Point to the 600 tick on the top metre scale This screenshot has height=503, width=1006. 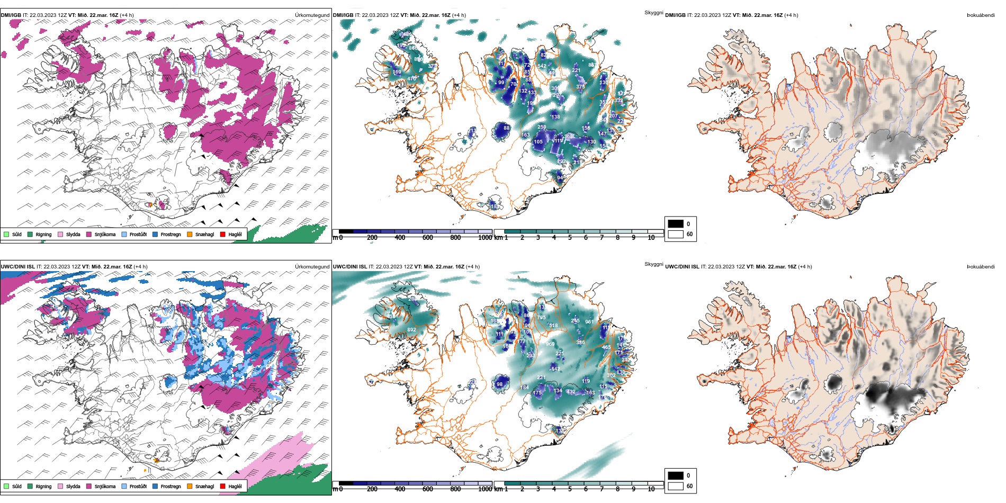click(427, 238)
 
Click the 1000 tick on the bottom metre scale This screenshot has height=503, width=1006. click(484, 489)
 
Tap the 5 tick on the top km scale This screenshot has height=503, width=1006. click(570, 238)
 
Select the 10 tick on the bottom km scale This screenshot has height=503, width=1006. click(651, 489)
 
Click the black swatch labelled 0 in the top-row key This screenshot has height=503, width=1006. click(676, 224)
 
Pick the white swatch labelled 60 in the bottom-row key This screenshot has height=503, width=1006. click(676, 486)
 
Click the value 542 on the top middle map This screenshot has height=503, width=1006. click(542, 66)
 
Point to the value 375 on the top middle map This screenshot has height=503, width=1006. click(580, 87)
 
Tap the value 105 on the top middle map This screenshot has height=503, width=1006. click(538, 142)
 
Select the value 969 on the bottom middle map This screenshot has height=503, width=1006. click(550, 344)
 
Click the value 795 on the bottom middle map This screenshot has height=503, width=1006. click(541, 318)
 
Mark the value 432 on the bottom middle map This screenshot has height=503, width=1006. click(571, 392)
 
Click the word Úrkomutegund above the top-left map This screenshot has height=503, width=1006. click(312, 15)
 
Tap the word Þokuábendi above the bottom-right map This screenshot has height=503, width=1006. click(981, 267)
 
